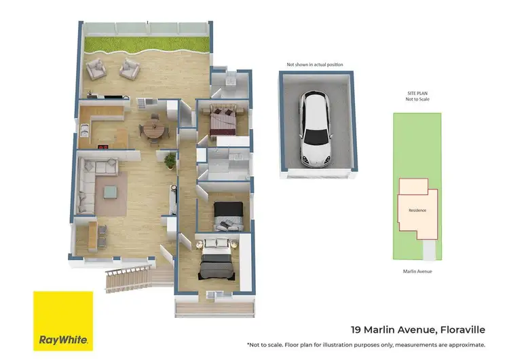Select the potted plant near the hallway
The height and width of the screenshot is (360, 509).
(170, 160)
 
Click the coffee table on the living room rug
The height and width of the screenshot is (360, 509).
(111, 192)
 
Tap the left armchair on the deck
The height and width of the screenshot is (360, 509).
(97, 68)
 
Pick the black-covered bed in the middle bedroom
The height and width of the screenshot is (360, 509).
(227, 216)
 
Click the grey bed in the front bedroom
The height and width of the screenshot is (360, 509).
(216, 261)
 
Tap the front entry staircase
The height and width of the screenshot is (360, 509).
(129, 276)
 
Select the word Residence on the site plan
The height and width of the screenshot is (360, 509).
(417, 210)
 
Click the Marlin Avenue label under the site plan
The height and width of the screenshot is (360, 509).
(417, 271)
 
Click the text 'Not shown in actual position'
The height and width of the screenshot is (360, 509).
(315, 65)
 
